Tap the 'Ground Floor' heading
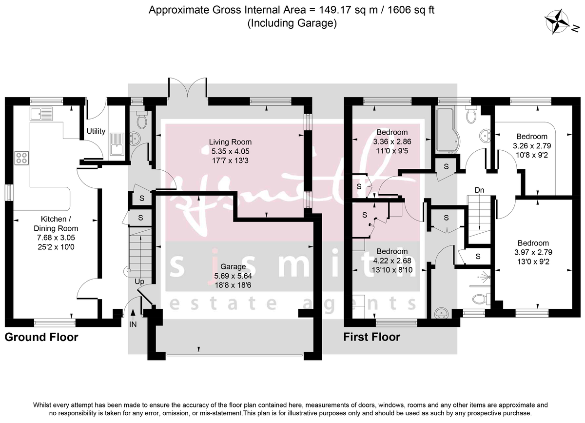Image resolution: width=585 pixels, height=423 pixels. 41,337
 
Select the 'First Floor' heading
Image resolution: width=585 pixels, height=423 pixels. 372,337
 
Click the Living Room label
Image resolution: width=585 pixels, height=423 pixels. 230,142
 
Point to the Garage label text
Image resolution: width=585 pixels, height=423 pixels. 234,267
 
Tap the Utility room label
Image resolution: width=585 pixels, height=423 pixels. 96,131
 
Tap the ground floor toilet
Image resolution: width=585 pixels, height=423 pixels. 141,120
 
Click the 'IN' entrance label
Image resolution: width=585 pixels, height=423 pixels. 133,324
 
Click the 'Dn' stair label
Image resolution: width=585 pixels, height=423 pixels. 479,190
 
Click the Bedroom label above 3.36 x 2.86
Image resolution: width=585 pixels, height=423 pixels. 392,132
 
